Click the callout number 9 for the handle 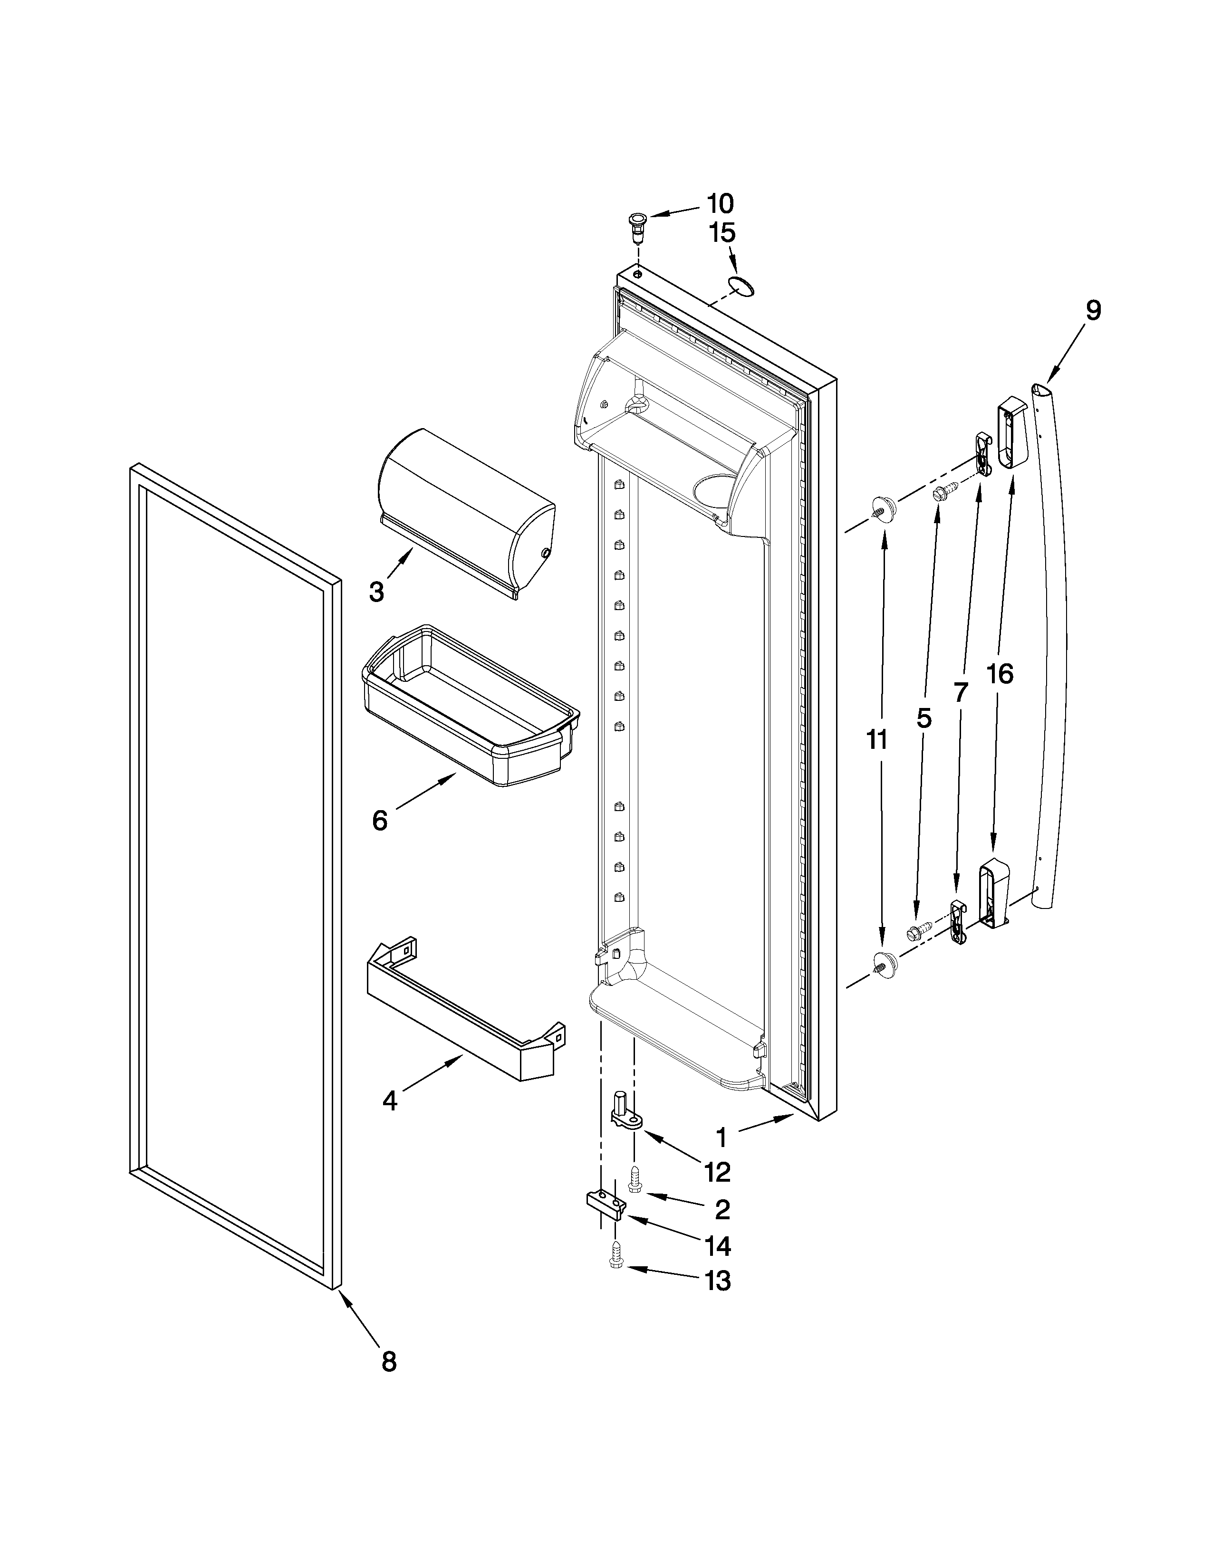click(1092, 310)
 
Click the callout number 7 click(961, 692)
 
